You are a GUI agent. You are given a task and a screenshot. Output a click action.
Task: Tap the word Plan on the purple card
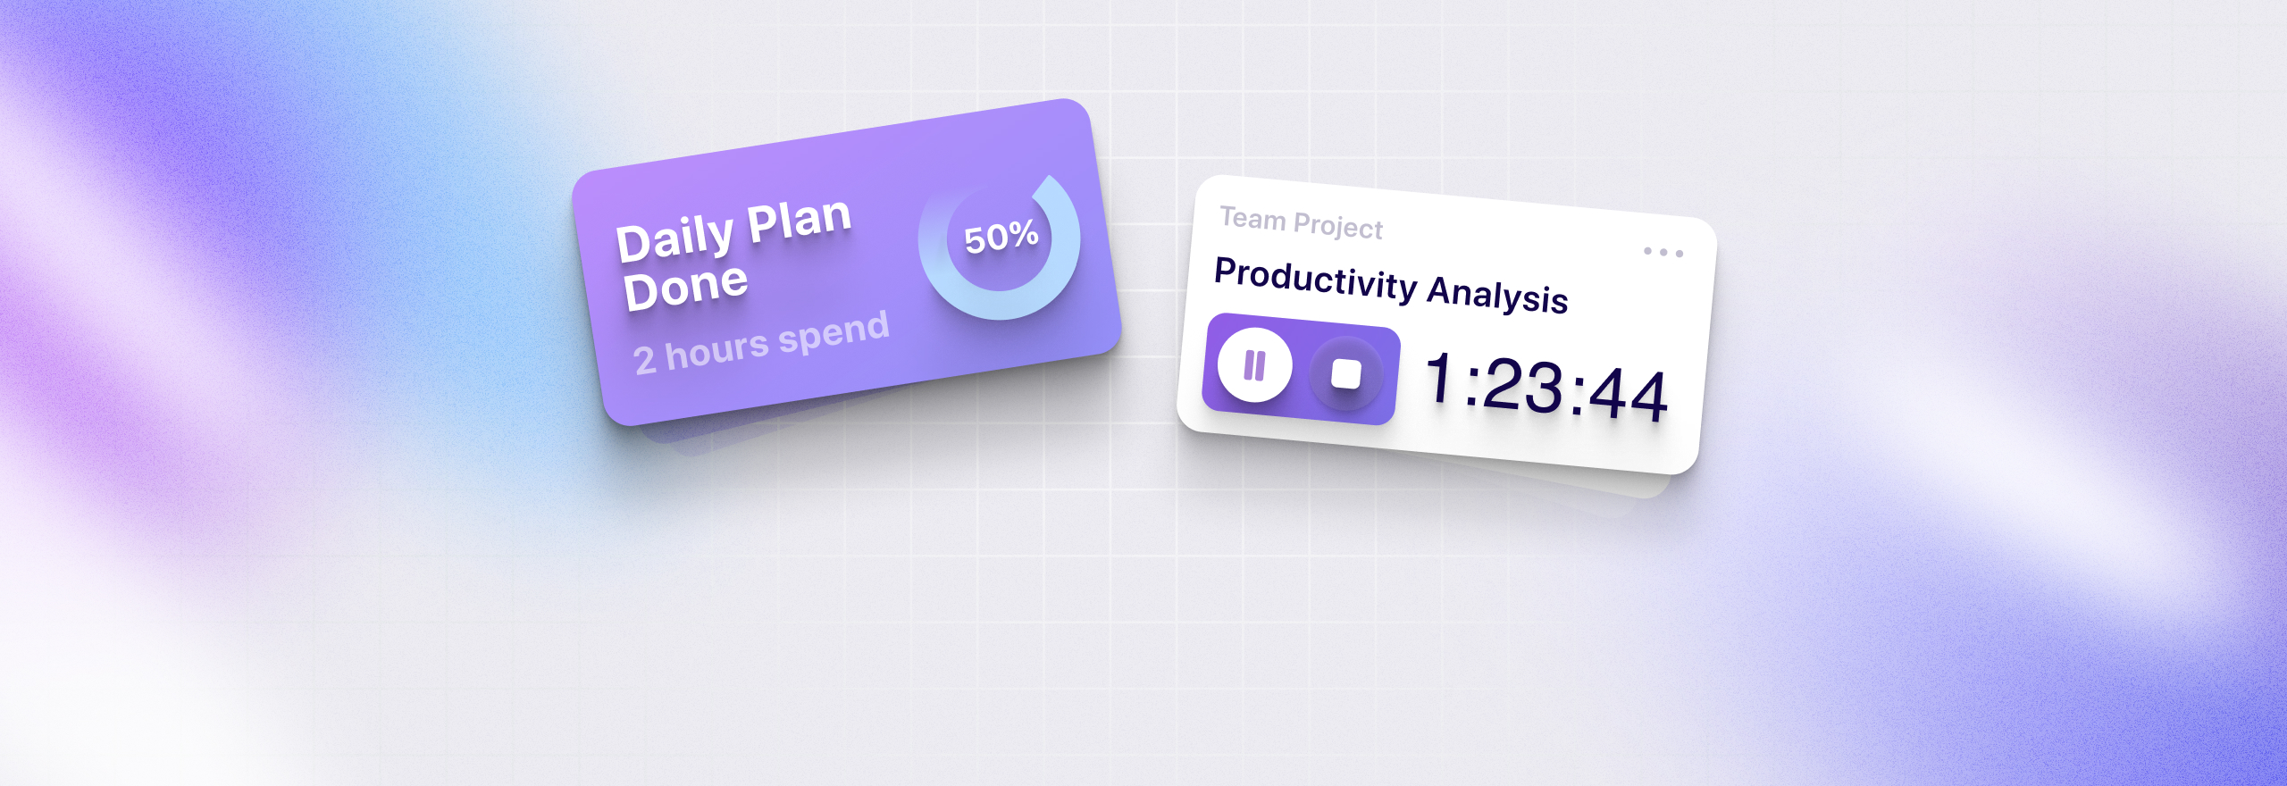pyautogui.click(x=799, y=221)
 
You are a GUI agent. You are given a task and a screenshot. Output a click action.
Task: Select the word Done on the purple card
pyautogui.click(x=685, y=288)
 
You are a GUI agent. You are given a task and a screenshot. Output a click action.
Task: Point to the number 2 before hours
pyautogui.click(x=644, y=360)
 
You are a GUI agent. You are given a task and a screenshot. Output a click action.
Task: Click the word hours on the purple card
pyautogui.click(x=717, y=348)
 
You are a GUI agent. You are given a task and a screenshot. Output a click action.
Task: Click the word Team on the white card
pyautogui.click(x=1252, y=219)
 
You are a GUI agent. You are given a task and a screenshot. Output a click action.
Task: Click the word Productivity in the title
pyautogui.click(x=1316, y=279)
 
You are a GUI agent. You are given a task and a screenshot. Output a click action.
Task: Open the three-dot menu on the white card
pyautogui.click(x=1663, y=253)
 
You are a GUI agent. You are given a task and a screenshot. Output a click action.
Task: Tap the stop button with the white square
pyautogui.click(x=1346, y=373)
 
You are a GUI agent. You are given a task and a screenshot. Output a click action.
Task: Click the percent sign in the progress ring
pyautogui.click(x=1024, y=234)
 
